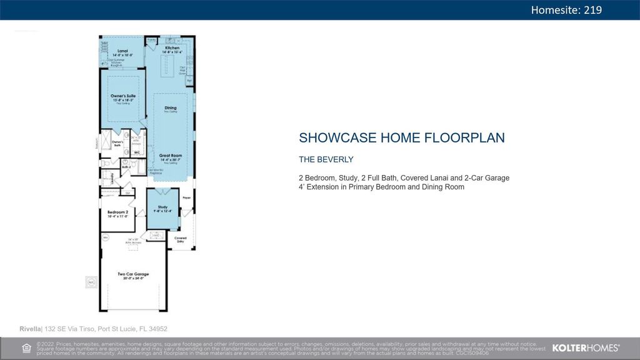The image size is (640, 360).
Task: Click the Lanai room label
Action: [122, 51]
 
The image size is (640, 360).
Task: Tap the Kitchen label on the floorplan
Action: [172, 48]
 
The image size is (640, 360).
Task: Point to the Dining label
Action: [171, 108]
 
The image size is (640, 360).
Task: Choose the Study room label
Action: [162, 207]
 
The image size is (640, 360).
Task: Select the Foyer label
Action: [186, 198]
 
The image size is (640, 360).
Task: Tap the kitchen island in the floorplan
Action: [167, 64]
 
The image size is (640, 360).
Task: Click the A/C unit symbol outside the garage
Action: [91, 282]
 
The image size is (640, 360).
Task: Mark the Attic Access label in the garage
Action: [132, 241]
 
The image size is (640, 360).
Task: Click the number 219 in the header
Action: [593, 9]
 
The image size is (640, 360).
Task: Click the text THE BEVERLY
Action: [326, 159]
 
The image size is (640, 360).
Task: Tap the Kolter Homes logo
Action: [586, 347]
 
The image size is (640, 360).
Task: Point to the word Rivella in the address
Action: [30, 329]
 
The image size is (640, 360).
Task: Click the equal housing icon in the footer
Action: [26, 348]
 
